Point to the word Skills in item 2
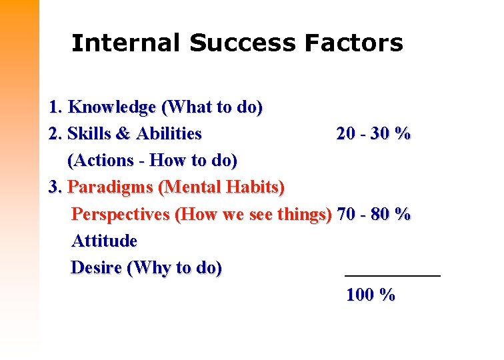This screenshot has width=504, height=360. pyautogui.click(x=89, y=134)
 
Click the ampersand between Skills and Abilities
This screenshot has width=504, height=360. pyautogui.click(x=123, y=134)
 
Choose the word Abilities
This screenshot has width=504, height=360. pyautogui.click(x=169, y=134)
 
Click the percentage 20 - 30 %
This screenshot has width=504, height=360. pyautogui.click(x=373, y=134)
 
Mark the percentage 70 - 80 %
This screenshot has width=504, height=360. pyautogui.click(x=374, y=215)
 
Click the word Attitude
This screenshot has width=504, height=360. pyautogui.click(x=104, y=241)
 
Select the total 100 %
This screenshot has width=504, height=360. pyautogui.click(x=371, y=295)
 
